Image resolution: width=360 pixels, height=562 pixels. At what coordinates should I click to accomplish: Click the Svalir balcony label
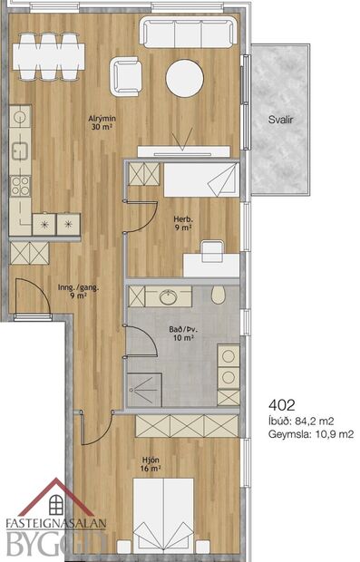pos(281,119)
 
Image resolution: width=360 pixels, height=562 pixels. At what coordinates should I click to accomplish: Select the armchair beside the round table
pos(126,75)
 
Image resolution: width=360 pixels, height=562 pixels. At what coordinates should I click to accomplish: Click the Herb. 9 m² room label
pos(181,223)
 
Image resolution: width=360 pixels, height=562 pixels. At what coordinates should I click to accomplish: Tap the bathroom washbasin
pos(169,296)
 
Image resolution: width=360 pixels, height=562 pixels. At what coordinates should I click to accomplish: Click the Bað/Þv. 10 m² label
pos(185,333)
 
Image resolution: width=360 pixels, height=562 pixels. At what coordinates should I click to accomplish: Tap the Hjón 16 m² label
pos(151,464)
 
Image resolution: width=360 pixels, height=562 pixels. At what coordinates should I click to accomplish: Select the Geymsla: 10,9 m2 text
pos(310,434)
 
